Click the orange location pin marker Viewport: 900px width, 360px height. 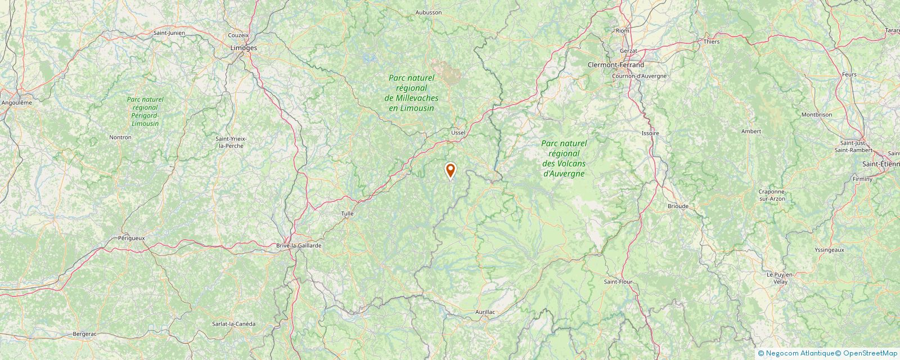pyautogui.click(x=450, y=170)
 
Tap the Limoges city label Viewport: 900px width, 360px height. pyautogui.click(x=244, y=48)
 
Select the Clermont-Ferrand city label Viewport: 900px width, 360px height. pyautogui.click(x=615, y=65)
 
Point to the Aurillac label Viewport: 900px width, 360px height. pyautogui.click(x=484, y=312)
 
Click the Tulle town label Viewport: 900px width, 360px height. pyautogui.click(x=348, y=214)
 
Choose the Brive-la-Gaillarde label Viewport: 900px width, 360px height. pyautogui.click(x=299, y=246)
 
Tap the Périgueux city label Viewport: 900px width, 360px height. pyautogui.click(x=132, y=238)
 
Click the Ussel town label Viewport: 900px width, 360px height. pyautogui.click(x=458, y=132)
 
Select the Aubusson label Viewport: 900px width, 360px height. pyautogui.click(x=429, y=12)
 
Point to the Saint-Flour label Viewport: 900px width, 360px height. pyautogui.click(x=618, y=281)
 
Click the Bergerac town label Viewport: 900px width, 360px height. pyautogui.click(x=85, y=334)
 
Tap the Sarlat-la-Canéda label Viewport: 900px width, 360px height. pyautogui.click(x=233, y=324)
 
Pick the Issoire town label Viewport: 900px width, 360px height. pyautogui.click(x=650, y=133)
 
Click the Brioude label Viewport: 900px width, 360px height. pyautogui.click(x=678, y=206)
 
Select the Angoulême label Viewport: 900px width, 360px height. pyautogui.click(x=17, y=103)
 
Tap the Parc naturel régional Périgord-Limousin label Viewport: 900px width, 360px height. pyautogui.click(x=145, y=111)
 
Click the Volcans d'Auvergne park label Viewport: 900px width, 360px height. pyautogui.click(x=564, y=159)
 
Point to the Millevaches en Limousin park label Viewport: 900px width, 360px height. pyautogui.click(x=412, y=92)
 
